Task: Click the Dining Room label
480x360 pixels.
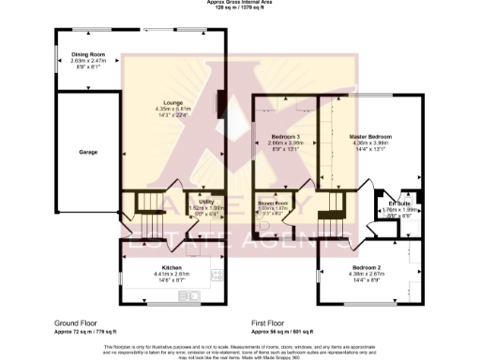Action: coord(87,54)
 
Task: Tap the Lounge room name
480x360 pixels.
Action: coord(172,102)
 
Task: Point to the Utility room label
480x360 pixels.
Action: coord(204,202)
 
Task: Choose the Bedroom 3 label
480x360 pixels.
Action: coord(282,136)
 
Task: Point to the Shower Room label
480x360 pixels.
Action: coord(273,202)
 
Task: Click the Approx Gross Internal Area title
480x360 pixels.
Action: coord(239,3)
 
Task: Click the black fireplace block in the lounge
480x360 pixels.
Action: coord(221,104)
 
